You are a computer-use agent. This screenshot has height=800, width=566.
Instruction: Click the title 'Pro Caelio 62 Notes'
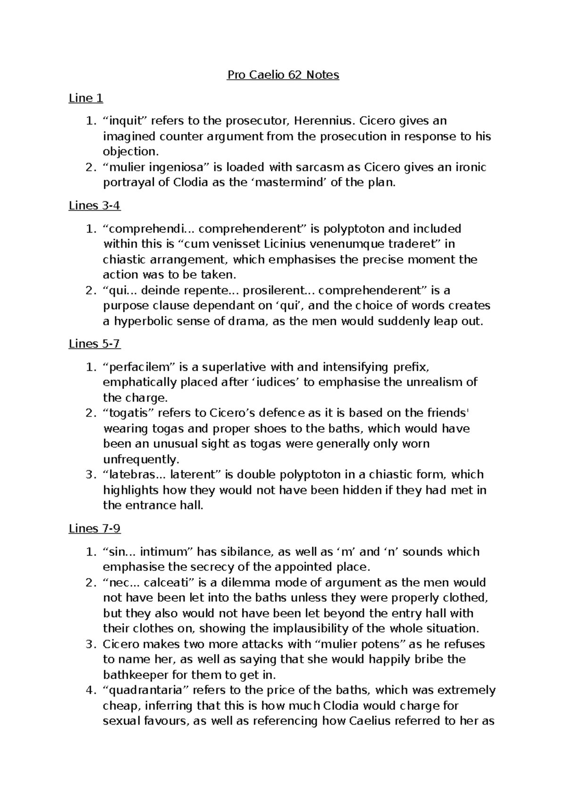pyautogui.click(x=283, y=75)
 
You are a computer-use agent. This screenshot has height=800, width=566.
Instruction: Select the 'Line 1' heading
pyautogui.click(x=86, y=98)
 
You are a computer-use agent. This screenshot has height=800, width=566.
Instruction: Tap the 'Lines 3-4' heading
pyautogui.click(x=95, y=206)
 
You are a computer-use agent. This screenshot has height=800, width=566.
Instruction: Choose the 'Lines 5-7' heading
pyautogui.click(x=95, y=344)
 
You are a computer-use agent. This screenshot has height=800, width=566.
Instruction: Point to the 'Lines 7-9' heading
pyautogui.click(x=95, y=529)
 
